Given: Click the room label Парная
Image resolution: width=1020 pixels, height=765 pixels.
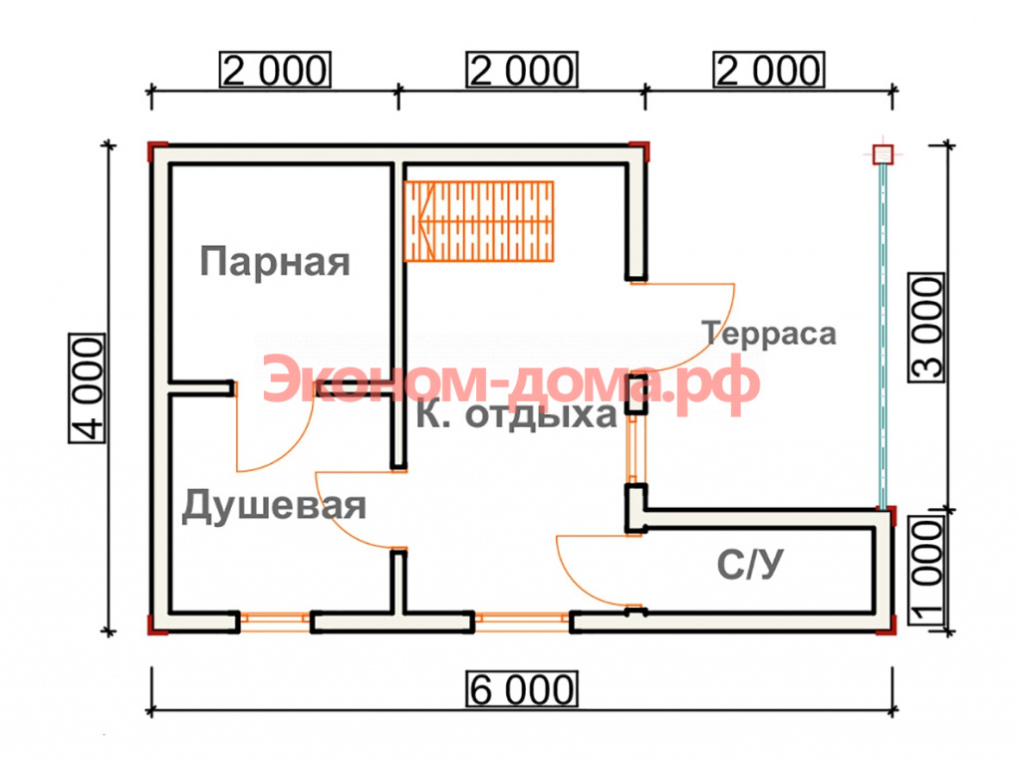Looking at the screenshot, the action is click(275, 262).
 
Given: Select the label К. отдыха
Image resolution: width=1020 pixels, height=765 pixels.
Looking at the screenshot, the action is click(517, 414).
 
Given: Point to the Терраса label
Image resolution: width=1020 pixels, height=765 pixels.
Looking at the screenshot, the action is click(769, 333).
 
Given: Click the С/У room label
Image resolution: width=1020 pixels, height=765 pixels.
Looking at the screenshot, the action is click(750, 564).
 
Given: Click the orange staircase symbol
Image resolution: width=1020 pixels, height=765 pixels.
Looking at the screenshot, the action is click(479, 221).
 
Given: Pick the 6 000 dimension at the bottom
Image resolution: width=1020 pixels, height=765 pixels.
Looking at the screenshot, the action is click(522, 689).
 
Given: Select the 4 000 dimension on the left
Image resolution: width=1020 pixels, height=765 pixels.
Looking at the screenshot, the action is click(88, 388).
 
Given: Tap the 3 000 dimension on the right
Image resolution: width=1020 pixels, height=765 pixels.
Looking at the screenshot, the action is click(926, 327).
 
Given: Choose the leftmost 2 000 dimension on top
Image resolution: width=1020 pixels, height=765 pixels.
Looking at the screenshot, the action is click(275, 70).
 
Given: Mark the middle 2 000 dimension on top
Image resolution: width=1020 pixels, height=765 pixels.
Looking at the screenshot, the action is click(522, 70).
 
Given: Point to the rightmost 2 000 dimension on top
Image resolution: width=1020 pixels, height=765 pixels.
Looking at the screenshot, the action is click(769, 70).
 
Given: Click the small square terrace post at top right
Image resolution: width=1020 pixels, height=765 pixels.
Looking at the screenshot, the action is click(883, 154).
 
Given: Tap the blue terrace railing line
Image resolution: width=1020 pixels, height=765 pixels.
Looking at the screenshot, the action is click(883, 336).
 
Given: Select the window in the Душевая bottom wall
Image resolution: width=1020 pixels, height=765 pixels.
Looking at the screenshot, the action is click(275, 622).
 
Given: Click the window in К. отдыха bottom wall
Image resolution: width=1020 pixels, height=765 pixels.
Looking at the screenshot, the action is click(522, 622).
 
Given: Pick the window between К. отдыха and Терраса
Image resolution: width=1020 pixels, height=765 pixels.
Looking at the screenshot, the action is click(632, 449).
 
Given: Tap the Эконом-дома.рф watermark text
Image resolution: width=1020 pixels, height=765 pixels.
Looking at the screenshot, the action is click(511, 383).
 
